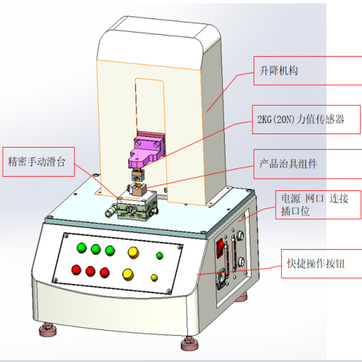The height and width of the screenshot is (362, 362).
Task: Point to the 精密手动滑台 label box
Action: [40, 162]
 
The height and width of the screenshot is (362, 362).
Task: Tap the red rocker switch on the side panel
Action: [221, 248]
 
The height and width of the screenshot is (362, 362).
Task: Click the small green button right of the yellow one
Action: [160, 256]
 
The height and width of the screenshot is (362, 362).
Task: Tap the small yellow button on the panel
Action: [154, 276]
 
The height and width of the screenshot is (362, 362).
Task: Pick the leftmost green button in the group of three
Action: [82, 248]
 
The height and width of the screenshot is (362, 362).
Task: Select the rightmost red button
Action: [105, 272]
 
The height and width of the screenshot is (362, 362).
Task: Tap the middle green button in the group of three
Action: [95, 249]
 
